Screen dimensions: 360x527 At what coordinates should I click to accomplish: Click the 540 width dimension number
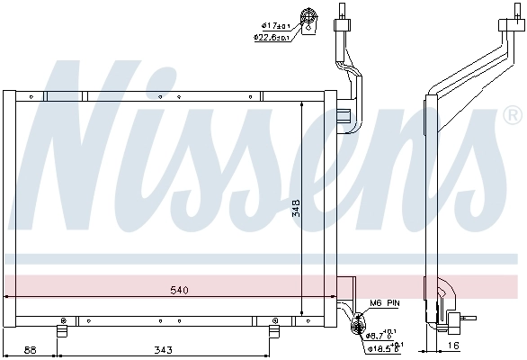[x=180, y=291]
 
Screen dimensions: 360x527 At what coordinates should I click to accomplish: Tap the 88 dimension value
[x=30, y=349]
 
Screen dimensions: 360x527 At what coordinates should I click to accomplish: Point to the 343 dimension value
[x=163, y=349]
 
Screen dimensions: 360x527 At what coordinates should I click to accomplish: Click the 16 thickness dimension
[x=453, y=346]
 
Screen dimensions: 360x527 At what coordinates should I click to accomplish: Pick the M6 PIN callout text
[x=385, y=303]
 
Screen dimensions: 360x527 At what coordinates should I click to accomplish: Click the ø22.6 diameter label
[x=270, y=37]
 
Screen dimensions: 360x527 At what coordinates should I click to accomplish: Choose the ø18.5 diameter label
[x=384, y=346]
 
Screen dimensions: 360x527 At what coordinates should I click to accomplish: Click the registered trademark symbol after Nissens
[x=513, y=115]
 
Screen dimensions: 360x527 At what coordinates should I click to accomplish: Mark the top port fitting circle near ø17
[x=311, y=18]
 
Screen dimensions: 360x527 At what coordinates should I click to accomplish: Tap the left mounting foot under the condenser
[x=63, y=329]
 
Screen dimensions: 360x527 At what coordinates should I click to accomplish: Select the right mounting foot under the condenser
[x=270, y=329]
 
